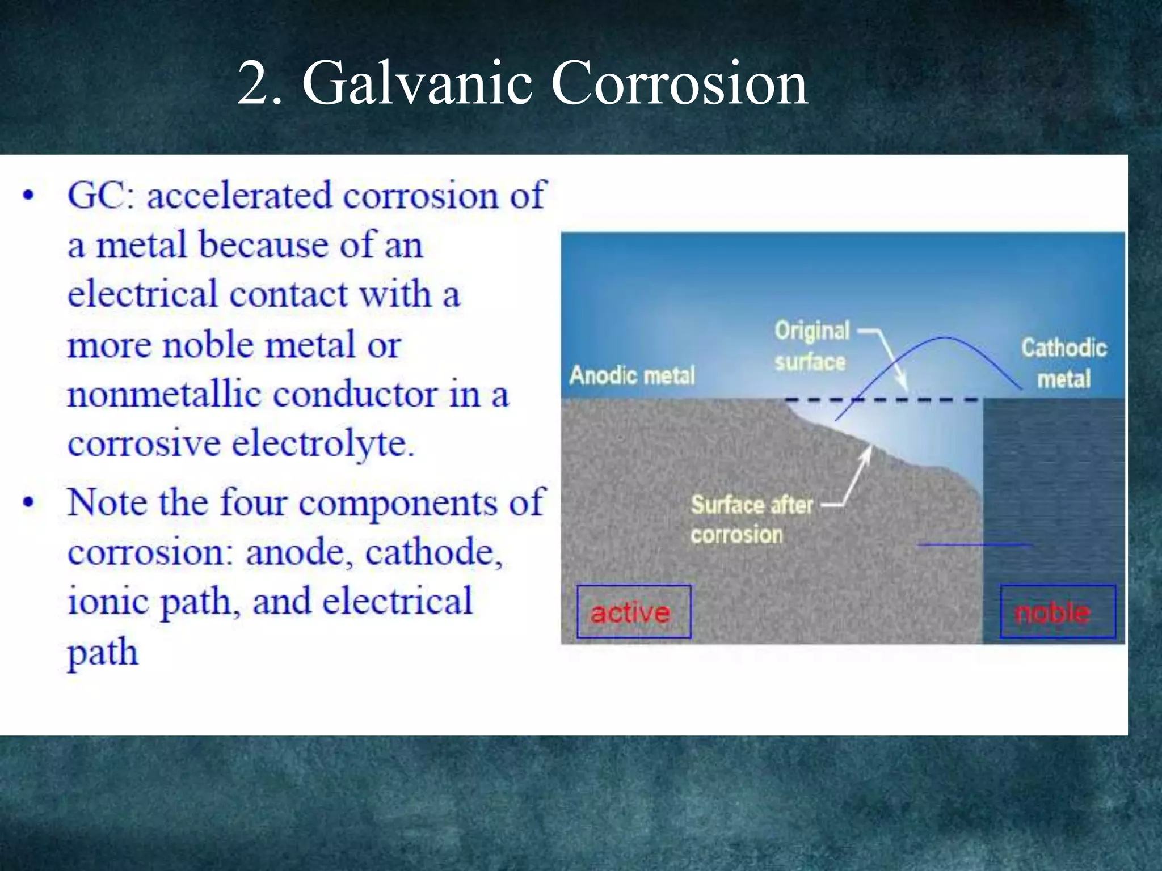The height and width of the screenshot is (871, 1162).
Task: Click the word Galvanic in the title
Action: coord(417,83)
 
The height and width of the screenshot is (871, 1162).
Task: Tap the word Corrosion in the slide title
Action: coord(679,83)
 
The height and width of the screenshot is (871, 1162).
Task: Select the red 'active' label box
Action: coord(634,611)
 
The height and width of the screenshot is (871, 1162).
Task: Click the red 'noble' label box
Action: coord(1058,611)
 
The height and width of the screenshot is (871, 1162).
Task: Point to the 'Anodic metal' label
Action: coord(632,375)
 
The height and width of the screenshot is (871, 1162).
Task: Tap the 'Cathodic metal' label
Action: coord(1064,363)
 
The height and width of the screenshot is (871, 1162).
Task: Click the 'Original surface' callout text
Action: coord(812,346)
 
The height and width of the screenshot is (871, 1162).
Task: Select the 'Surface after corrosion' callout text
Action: coord(752,519)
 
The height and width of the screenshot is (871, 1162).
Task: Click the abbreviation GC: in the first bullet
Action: coord(101,195)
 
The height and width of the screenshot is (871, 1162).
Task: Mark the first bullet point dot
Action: coord(28,196)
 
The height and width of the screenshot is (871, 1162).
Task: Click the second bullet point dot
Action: coord(28,502)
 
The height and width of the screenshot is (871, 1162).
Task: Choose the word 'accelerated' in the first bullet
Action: coord(239,195)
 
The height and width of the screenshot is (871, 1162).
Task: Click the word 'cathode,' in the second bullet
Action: coord(434,552)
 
